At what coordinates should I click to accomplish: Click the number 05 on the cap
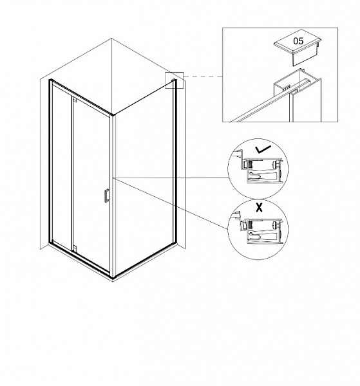coord(298,41)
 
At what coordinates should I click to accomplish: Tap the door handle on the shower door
coord(106,196)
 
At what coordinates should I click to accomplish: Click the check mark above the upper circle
coord(263,149)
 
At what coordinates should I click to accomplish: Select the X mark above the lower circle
coord(259,207)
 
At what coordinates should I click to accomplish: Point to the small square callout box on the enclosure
coord(175,80)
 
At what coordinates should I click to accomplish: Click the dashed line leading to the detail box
coord(203,77)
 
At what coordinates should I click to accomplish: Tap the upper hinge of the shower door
coord(75,100)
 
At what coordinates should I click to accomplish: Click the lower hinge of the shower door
coord(75,248)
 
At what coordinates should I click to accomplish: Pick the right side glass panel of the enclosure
coord(144,178)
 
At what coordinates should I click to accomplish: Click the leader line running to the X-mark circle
coord(171,203)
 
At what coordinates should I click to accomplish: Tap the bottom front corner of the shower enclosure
coord(113,277)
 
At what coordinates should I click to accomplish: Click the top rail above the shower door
coord(81,96)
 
